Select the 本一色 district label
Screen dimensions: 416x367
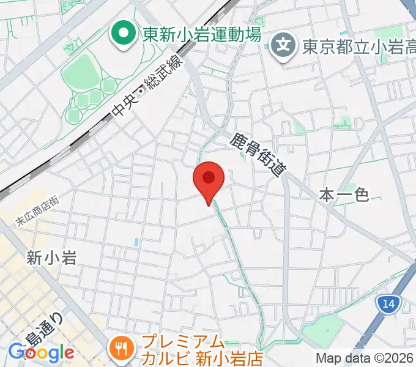344,195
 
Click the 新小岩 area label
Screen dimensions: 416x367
51,258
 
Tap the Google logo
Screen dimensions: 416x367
41,353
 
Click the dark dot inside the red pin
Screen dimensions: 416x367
209,177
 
